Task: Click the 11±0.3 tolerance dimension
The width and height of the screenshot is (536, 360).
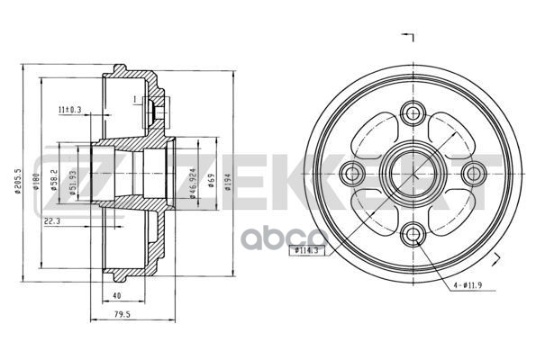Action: pos(69,110)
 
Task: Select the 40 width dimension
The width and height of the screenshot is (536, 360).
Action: pos(116,293)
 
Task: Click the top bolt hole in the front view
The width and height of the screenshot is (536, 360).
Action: pos(413,112)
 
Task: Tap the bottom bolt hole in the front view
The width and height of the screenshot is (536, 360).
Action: pos(413,234)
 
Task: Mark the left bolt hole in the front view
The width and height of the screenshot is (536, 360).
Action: pos(353,173)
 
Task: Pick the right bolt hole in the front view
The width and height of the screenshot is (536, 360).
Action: pos(474,173)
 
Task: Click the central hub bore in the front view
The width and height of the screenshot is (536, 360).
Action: pos(413,173)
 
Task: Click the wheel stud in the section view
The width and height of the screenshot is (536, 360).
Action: pos(154,111)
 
